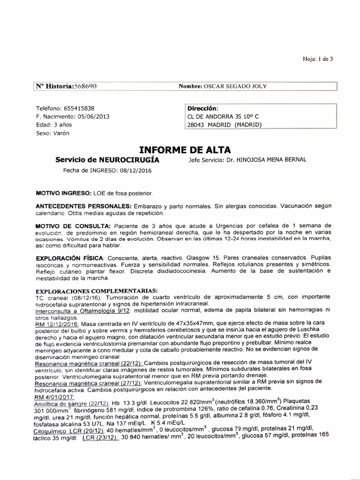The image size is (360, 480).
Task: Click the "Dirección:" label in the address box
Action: [202, 108]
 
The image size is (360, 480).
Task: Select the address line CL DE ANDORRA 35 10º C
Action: [223, 116]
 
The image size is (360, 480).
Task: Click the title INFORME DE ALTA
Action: [185, 150]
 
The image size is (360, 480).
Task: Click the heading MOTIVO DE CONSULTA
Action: [73, 226]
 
